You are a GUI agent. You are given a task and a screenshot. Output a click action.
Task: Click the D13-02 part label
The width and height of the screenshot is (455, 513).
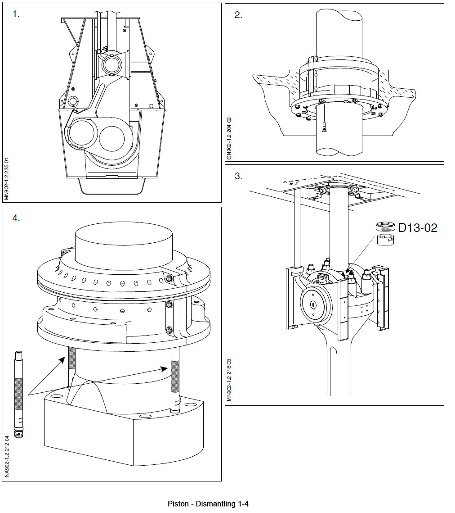(x=418, y=228)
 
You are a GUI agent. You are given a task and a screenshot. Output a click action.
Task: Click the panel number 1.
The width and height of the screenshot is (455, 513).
(x=17, y=14)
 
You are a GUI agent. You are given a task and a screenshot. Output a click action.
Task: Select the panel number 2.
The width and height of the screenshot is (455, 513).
(x=238, y=15)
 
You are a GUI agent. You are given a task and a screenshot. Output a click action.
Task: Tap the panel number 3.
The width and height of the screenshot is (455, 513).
(x=238, y=176)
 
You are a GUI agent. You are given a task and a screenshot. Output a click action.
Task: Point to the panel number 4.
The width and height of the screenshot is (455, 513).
(x=17, y=218)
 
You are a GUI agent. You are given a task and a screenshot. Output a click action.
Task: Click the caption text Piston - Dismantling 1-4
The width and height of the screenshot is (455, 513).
(x=208, y=504)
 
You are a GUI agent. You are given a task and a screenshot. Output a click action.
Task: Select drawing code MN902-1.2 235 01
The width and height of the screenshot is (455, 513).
(x=6, y=178)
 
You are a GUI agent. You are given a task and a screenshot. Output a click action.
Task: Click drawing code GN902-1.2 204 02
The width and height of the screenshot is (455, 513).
(x=229, y=139)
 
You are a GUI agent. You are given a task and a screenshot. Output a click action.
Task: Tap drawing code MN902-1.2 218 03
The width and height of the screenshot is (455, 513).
(x=229, y=379)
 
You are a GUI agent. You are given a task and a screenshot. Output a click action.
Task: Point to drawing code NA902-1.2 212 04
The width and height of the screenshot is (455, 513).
(x=6, y=456)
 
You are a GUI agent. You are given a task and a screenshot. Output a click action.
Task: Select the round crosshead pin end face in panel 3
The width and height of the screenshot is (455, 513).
(x=313, y=305)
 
